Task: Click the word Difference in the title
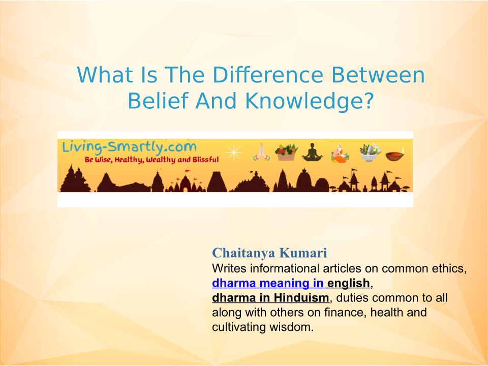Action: click(x=268, y=75)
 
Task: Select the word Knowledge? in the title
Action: click(x=309, y=101)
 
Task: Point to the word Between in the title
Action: click(x=378, y=75)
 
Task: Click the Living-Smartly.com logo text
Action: click(x=129, y=146)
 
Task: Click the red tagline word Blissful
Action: click(x=206, y=160)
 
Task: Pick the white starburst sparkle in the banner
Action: click(x=233, y=152)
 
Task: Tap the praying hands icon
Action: click(x=261, y=152)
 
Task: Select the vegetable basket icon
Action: click(x=286, y=152)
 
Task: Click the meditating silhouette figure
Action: click(x=312, y=152)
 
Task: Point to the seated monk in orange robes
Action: click(x=340, y=153)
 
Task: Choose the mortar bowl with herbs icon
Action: click(x=370, y=152)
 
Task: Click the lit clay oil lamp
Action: click(x=395, y=154)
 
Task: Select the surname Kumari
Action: click(x=303, y=253)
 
